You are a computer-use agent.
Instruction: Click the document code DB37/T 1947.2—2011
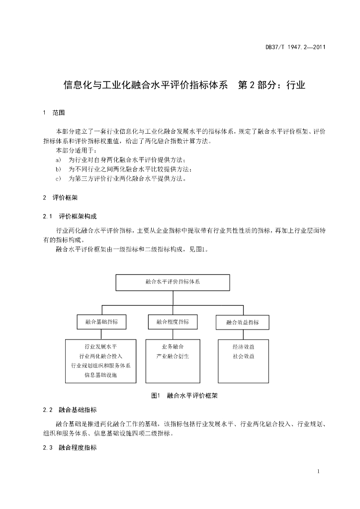[295, 47]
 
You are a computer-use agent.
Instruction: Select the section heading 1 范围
[54, 113]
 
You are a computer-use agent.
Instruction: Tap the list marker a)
[58, 160]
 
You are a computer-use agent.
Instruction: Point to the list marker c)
[58, 178]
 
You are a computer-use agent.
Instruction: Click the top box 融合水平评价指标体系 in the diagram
[173, 281]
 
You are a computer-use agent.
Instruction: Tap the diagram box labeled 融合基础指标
[101, 322]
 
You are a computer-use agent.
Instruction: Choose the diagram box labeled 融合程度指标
[173, 322]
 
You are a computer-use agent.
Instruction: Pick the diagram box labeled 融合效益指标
[242, 322]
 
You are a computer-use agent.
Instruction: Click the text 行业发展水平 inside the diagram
[101, 346]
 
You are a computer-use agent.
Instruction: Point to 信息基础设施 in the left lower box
[101, 375]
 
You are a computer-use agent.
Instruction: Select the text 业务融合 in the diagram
[173, 346]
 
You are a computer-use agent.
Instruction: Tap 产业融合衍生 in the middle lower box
[173, 356]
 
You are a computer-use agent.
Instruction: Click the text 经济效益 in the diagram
[243, 346]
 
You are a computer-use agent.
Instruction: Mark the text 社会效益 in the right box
[243, 356]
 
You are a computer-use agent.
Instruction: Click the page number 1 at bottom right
[318, 471]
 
